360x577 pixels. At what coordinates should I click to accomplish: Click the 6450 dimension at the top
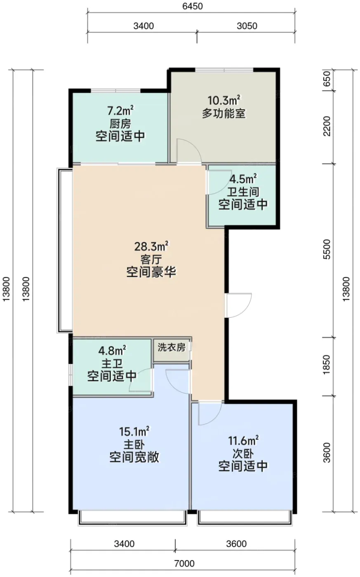pos(193,6)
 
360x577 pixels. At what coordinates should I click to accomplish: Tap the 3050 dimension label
pos(247,26)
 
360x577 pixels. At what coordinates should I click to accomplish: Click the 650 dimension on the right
pos(327,79)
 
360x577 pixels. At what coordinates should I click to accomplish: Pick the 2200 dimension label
pos(327,126)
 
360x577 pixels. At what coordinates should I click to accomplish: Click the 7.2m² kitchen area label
pos(120,111)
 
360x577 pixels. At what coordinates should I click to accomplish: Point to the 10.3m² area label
pos(224,100)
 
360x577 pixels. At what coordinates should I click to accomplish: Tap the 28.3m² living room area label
pos(151,246)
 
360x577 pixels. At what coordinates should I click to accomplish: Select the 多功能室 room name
pos(224,113)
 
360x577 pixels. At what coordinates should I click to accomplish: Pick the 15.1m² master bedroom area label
pos(134,431)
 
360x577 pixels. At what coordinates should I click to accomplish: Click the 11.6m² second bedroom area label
pos(244,441)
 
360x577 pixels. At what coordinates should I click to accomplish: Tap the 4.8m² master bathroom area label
pos(112,350)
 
